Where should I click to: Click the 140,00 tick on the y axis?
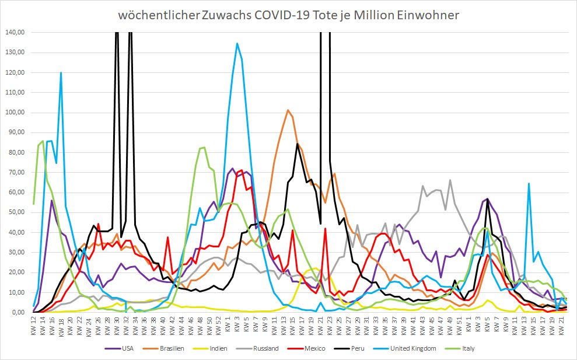[13, 32]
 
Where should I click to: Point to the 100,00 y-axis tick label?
[13, 112]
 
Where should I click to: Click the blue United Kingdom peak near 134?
[237, 43]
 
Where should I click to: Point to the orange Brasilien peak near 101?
[288, 110]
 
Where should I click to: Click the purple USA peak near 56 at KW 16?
[52, 201]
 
